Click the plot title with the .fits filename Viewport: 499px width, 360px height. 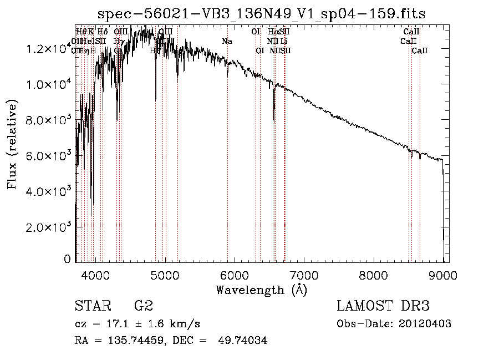[262, 14]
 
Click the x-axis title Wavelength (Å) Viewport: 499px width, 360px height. [261, 290]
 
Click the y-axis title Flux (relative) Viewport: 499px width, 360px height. [12, 144]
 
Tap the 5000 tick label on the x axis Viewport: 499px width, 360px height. [165, 274]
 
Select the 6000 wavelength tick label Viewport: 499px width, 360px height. [235, 274]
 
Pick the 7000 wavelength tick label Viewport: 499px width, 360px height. [304, 274]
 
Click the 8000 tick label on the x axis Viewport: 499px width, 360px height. [374, 274]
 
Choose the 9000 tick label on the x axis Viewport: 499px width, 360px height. [443, 274]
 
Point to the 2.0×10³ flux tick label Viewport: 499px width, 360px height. [48, 227]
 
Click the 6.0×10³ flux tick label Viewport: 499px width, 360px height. [48, 155]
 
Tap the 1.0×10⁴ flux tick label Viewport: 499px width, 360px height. [48, 84]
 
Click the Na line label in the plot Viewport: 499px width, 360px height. [227, 41]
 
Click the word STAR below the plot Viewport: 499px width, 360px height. [91, 306]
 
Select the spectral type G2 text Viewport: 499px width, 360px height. [143, 306]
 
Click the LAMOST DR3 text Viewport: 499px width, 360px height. [383, 306]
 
